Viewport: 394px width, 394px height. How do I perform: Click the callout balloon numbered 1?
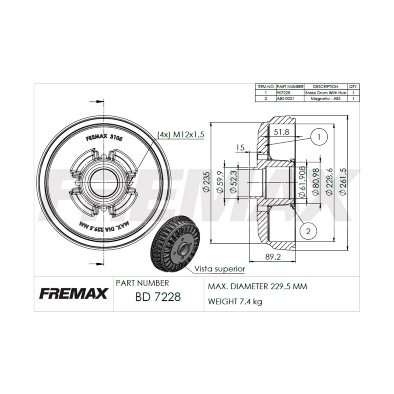pos(319,137)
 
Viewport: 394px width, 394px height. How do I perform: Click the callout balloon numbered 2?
pos(308,231)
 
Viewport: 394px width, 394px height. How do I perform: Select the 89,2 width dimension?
pos(273,257)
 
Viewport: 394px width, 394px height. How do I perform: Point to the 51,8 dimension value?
pos(281,132)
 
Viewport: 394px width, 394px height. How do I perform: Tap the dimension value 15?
pos(240,148)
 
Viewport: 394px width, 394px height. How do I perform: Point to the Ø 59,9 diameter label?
pos(220,182)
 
